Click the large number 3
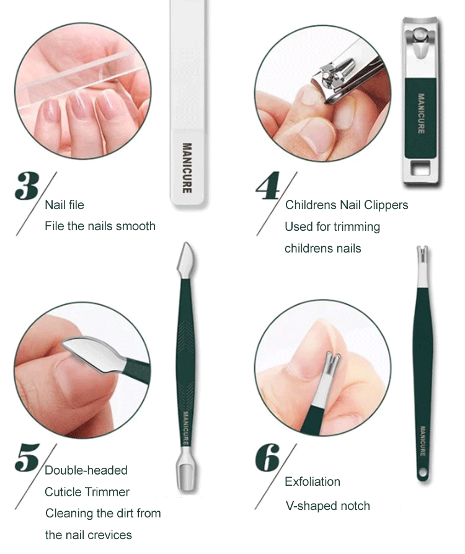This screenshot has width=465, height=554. pyautogui.click(x=27, y=186)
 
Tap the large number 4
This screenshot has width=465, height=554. pyautogui.click(x=268, y=186)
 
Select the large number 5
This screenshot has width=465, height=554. pyautogui.click(x=27, y=458)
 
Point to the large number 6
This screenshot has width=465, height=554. pyautogui.click(x=267, y=458)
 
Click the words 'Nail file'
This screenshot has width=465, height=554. pyautogui.click(x=64, y=205)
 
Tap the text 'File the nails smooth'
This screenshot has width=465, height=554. pyautogui.click(x=100, y=226)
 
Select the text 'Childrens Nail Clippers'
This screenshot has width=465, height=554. pyautogui.click(x=347, y=205)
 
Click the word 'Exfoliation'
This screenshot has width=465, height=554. pyautogui.click(x=312, y=481)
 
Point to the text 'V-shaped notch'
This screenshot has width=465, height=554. pyautogui.click(x=327, y=506)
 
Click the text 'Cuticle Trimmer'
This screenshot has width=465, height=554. pyautogui.click(x=87, y=492)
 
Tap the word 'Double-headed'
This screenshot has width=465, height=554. pyautogui.click(x=86, y=470)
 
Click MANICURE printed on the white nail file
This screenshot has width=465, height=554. pyautogui.click(x=187, y=168)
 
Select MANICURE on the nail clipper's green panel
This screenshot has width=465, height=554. pyautogui.click(x=421, y=114)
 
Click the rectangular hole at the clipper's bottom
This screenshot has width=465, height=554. pyautogui.click(x=420, y=169)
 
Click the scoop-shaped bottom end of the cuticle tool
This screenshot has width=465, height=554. pyautogui.click(x=186, y=473)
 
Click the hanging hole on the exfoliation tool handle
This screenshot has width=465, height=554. pyautogui.click(x=423, y=472)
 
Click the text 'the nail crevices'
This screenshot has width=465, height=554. pyautogui.click(x=89, y=535)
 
